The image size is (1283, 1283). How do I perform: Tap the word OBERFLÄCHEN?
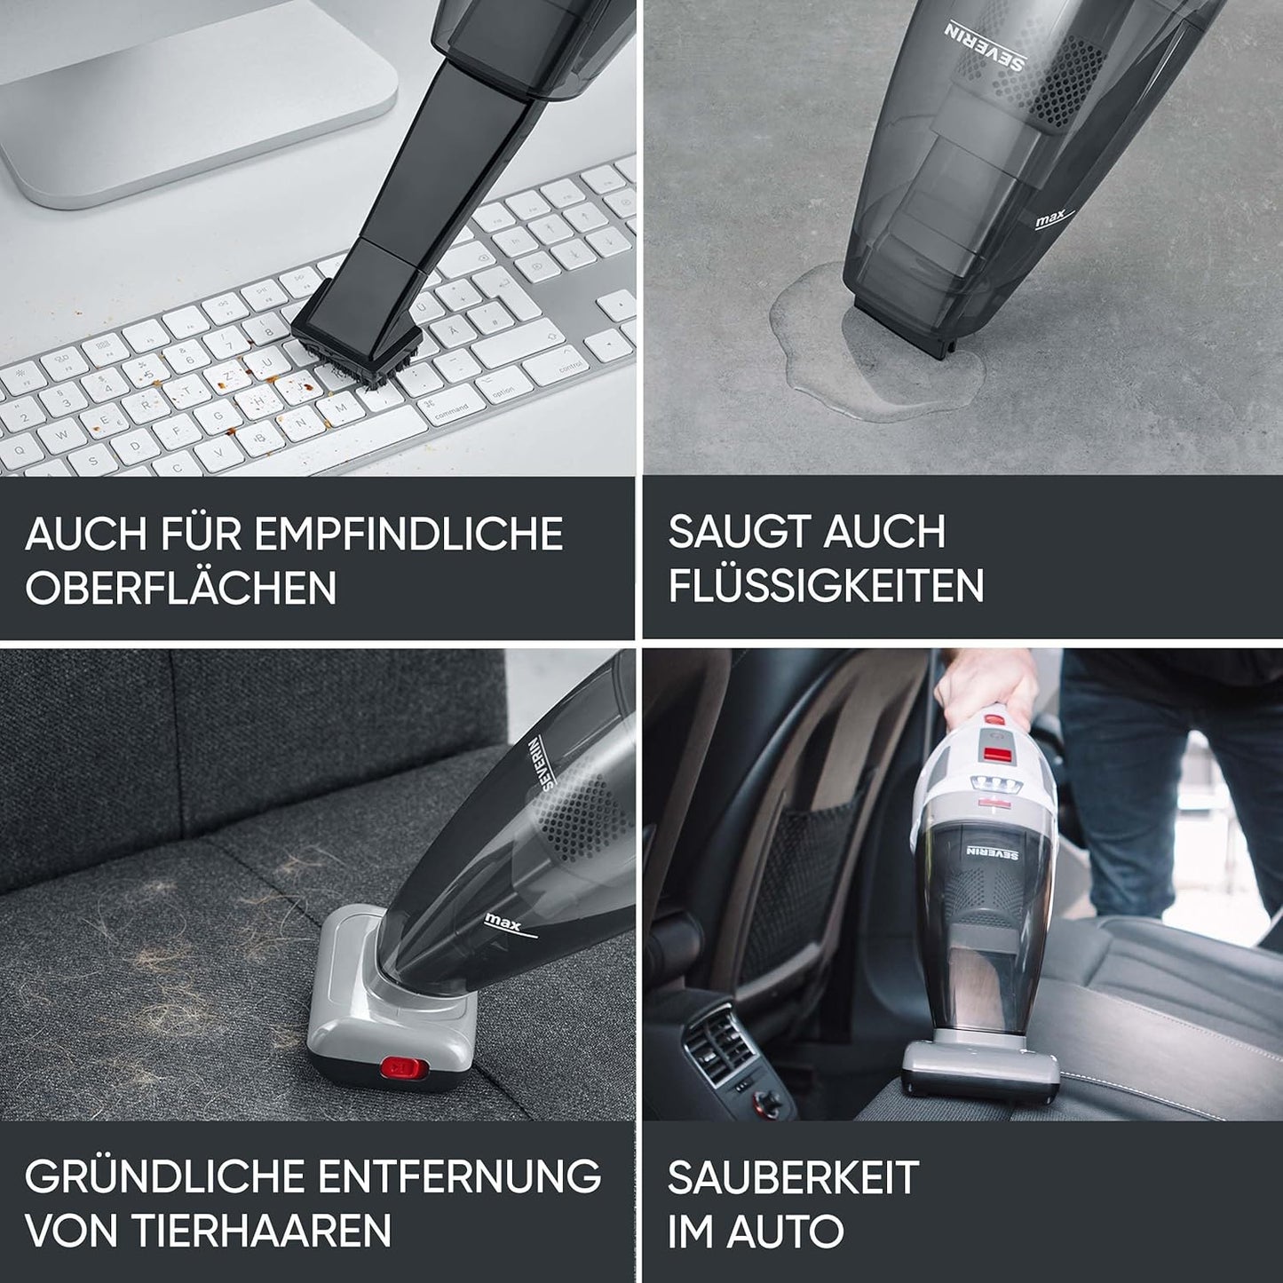click(181, 588)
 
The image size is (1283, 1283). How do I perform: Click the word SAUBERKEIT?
click(793, 1177)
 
